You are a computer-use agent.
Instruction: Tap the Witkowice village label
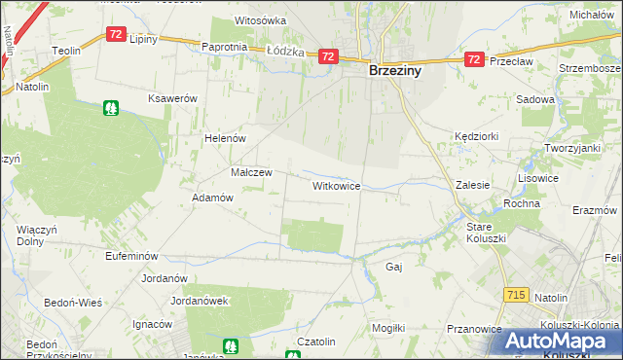[337, 185]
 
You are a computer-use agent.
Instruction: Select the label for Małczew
[251, 172]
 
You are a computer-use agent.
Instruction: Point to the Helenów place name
[224, 138]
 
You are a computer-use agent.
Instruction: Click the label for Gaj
[394, 267]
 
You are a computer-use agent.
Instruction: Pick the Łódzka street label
[285, 52]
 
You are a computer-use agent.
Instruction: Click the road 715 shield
[517, 294]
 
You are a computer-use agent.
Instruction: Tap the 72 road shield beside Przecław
[473, 59]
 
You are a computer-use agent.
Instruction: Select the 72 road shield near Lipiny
[115, 34]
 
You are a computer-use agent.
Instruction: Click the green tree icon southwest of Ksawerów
[111, 108]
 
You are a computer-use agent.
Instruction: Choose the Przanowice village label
[473, 329]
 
